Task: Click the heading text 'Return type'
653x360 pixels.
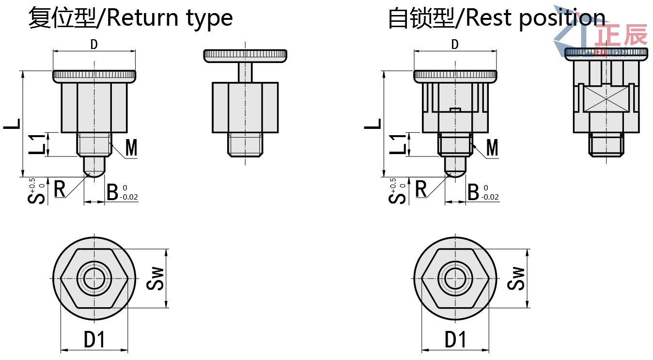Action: pyautogui.click(x=169, y=18)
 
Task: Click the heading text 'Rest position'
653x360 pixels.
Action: pyautogui.click(x=535, y=18)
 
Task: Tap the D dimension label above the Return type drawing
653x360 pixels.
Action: pyautogui.click(x=94, y=45)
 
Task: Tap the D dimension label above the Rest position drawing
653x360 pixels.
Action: pyautogui.click(x=455, y=45)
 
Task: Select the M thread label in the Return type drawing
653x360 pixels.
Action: pyautogui.click(x=131, y=148)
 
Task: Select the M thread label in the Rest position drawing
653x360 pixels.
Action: pyautogui.click(x=492, y=148)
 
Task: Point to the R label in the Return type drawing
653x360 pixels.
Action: pyautogui.click(x=60, y=189)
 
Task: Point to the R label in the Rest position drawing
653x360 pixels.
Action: pyautogui.click(x=421, y=189)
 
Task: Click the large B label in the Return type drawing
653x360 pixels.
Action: pyautogui.click(x=112, y=192)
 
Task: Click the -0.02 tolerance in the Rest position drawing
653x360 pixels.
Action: pyautogui.click(x=490, y=197)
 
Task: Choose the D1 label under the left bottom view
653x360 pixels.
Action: pyautogui.click(x=94, y=340)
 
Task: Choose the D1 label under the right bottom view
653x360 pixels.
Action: pyautogui.click(x=455, y=340)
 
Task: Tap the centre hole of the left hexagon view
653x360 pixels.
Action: pyautogui.click(x=94, y=279)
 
